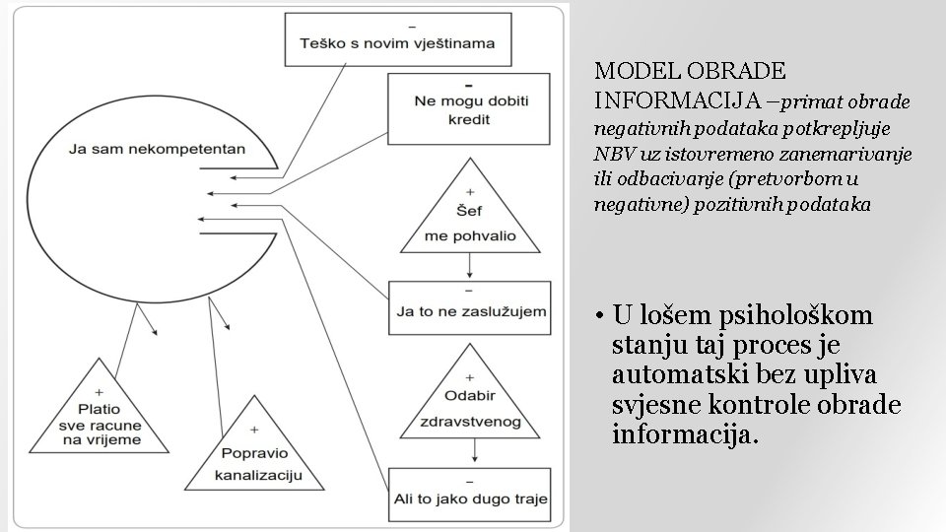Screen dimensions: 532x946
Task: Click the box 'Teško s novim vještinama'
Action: pos(397,36)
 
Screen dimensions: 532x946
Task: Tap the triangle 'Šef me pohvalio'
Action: pos(470,217)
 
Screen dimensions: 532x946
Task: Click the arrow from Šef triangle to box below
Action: pos(471,264)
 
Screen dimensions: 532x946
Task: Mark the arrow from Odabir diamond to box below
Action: pos(477,448)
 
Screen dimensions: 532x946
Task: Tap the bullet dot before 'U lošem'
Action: pos(599,317)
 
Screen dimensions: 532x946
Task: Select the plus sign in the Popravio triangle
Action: pos(255,430)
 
